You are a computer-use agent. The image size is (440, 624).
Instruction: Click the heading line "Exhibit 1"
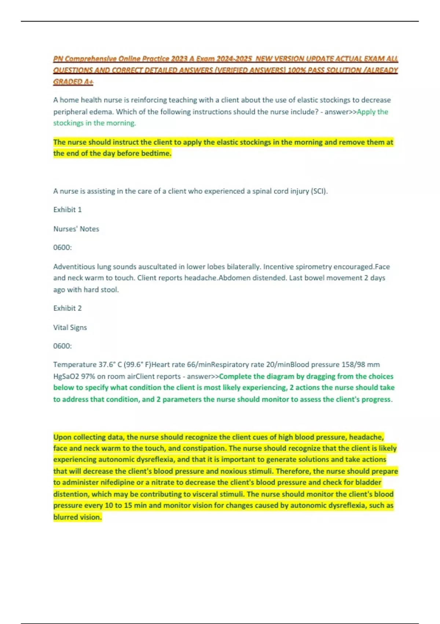point(67,210)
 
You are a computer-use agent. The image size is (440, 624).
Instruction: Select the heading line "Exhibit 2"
point(67,308)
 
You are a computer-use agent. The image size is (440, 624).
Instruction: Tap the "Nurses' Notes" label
point(76,229)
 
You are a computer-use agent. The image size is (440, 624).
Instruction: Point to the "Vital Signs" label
point(70,327)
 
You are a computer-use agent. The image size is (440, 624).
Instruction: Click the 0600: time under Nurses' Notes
point(62,247)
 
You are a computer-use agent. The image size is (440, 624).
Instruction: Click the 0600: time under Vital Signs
point(62,346)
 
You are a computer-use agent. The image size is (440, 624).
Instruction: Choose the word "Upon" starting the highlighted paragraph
point(61,437)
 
